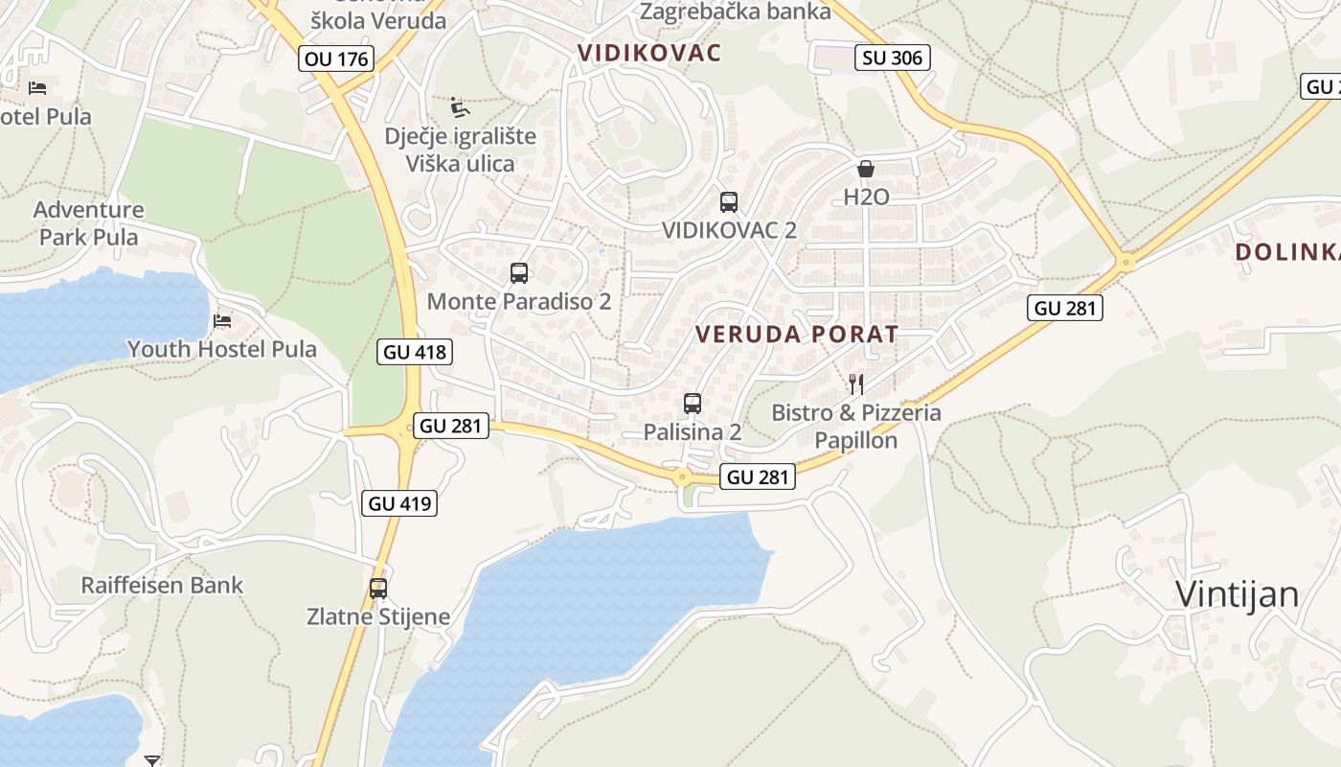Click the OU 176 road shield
335,58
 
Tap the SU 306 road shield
893,58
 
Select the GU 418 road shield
414,352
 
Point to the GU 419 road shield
399,503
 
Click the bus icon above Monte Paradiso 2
519,273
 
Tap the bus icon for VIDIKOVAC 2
729,202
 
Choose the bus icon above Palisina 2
693,404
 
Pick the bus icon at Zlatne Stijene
378,588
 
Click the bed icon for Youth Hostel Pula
223,320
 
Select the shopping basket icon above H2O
866,169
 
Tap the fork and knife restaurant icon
856,384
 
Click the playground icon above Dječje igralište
460,106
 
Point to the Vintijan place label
1237,595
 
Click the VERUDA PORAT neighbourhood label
797,335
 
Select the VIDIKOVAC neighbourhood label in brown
649,53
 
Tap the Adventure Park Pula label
89,223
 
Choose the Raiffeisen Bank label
162,585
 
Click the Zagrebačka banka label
735,12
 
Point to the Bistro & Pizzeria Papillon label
856,427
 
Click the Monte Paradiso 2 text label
518,301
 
